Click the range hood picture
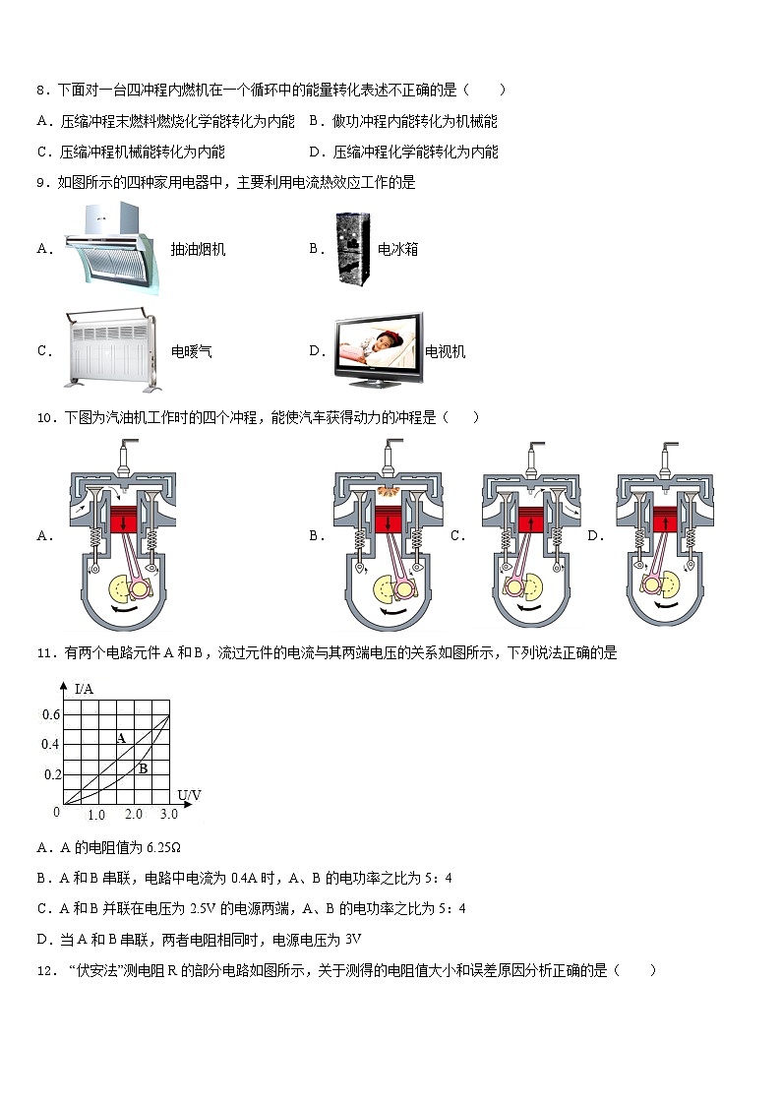tap(109, 249)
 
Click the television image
tap(378, 351)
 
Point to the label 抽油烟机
tap(198, 250)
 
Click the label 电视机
tap(445, 352)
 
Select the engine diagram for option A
tap(121, 536)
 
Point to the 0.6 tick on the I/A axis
tap(51, 714)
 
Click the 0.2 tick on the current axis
tap(51, 775)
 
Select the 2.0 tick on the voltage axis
tap(133, 816)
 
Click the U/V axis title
tap(189, 794)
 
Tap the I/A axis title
tap(85, 689)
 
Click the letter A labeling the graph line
tap(121, 738)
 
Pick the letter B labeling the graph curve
tap(143, 768)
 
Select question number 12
tap(43, 971)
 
